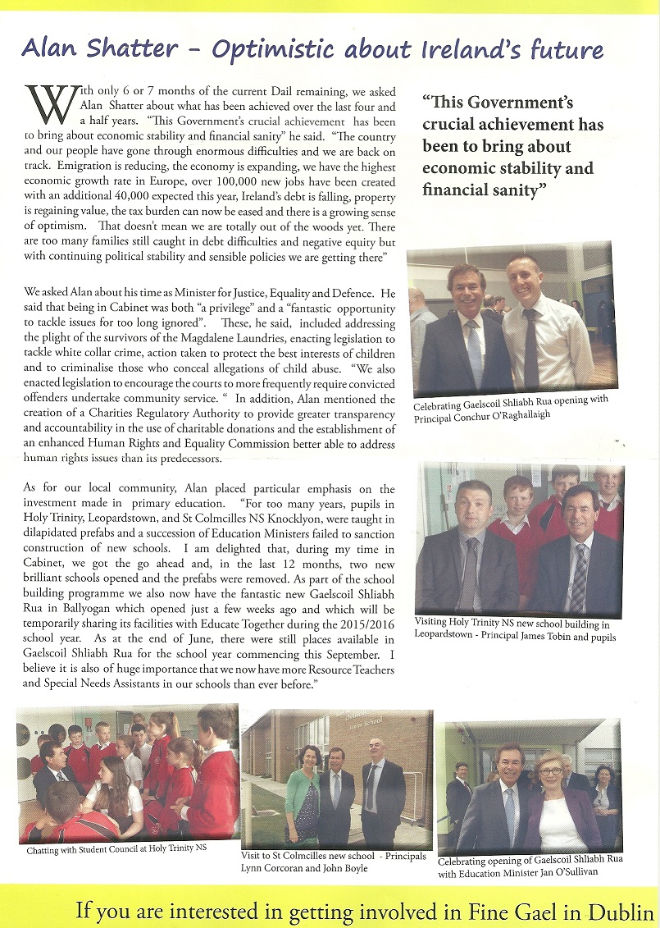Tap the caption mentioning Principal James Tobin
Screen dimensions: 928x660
click(x=515, y=630)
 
